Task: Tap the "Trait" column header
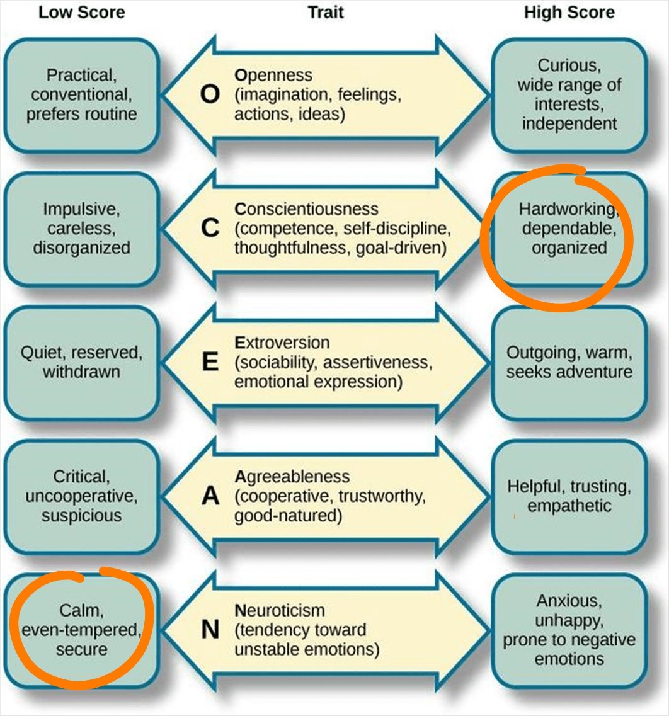pos(326,13)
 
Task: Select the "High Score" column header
pos(569,13)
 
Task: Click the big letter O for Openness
pos(210,94)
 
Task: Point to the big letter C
pos(210,229)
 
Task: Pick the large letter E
pos(210,363)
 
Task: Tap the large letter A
pos(210,497)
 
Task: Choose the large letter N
pos(210,630)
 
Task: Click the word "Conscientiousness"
pos(306,208)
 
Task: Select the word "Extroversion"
pos(282,343)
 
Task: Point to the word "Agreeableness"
pos(292,476)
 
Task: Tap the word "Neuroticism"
pos(280,610)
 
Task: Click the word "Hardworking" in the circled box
pos(565,208)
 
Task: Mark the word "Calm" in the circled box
pos(81,610)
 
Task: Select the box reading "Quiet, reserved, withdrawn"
pos(81,362)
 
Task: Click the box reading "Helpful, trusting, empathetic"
pos(569,496)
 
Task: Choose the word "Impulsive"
pos(81,208)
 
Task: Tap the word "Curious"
pos(569,65)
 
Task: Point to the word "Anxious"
pos(569,600)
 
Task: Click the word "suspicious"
pos(81,516)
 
